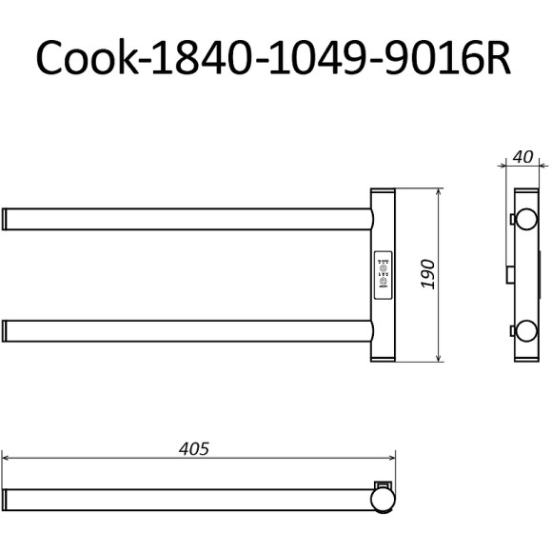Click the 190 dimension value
[427, 275]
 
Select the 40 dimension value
[522, 156]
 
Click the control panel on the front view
[384, 275]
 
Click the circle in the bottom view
[383, 499]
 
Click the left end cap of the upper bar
[7, 219]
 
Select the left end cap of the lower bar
[7, 331]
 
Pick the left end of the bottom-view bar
[7, 499]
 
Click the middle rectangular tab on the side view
[512, 275]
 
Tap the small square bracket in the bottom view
[383, 483]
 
